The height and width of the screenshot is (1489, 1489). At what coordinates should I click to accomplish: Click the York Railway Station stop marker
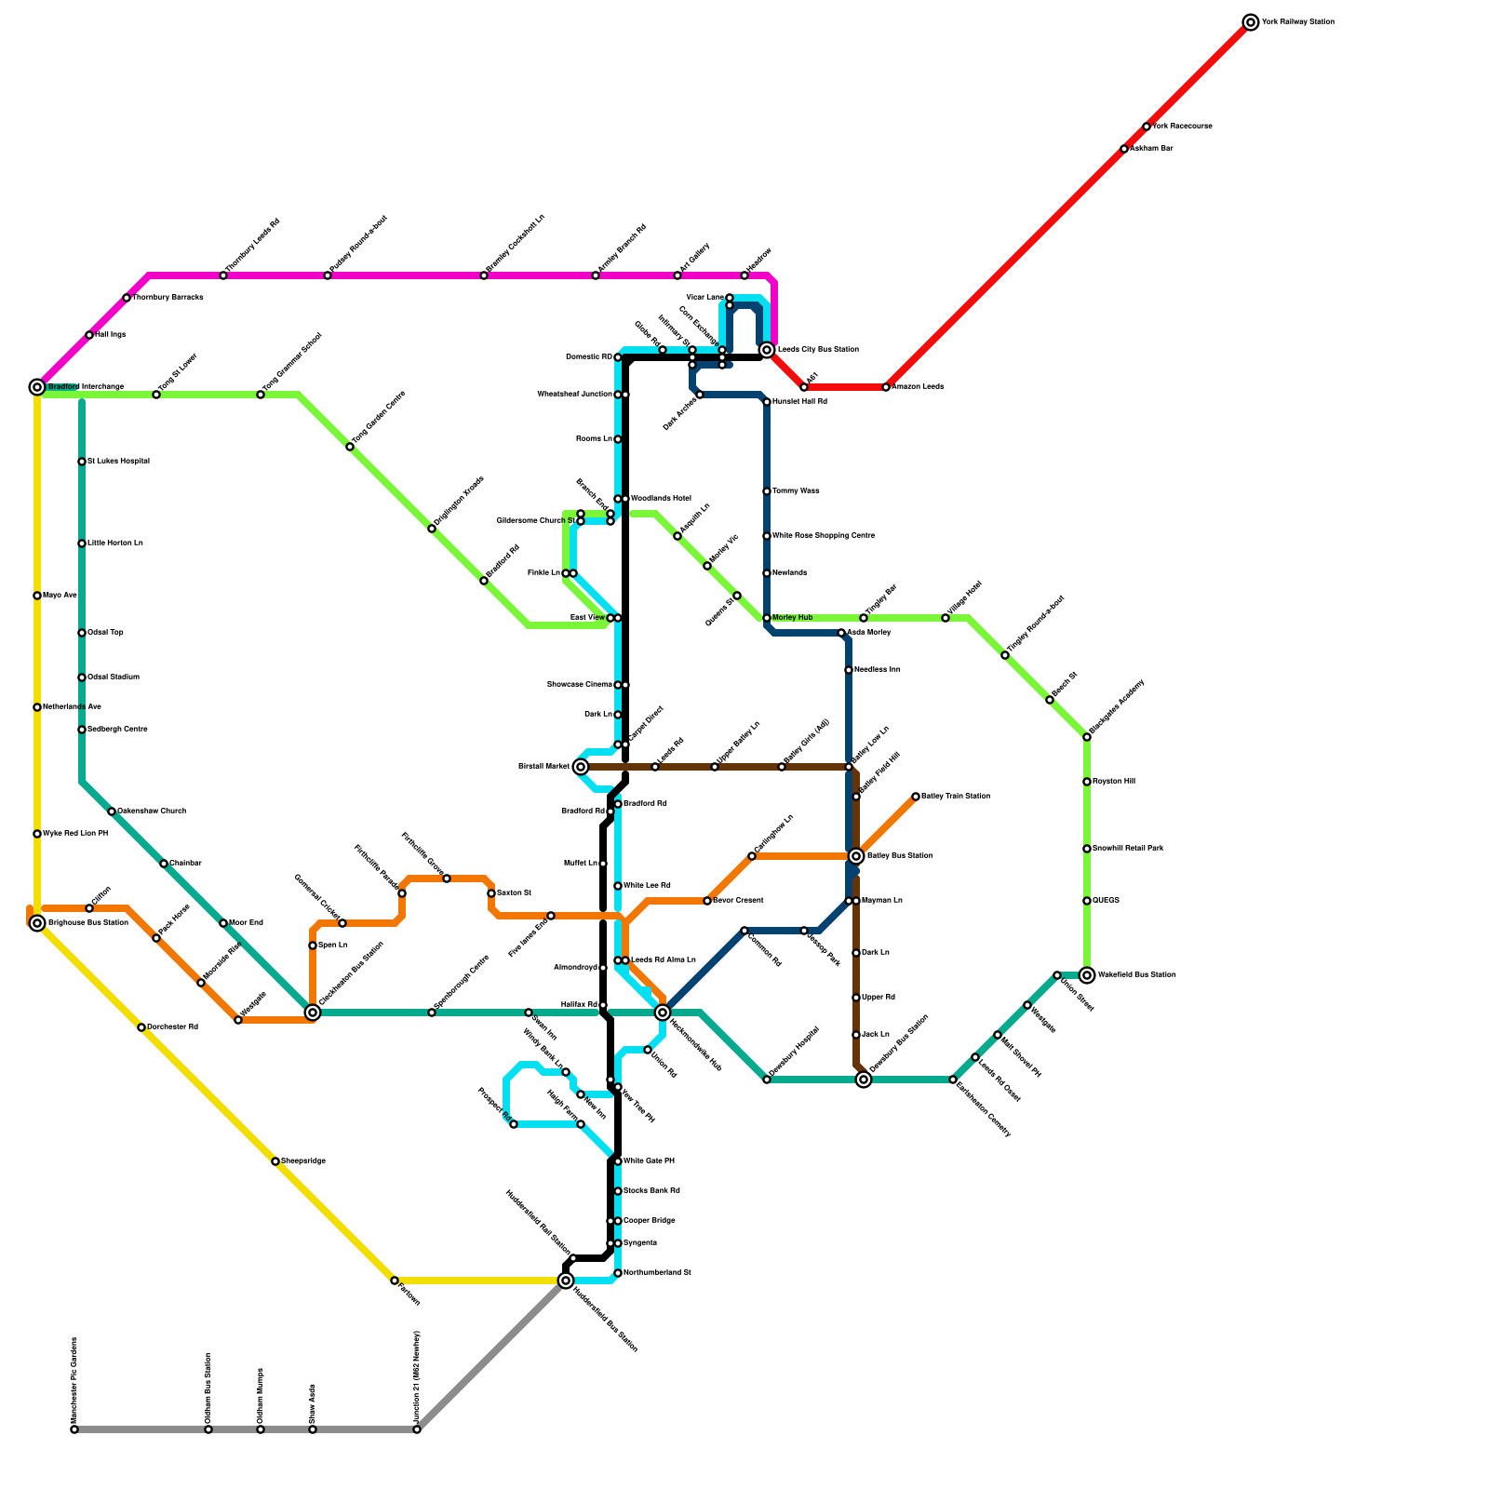pos(1251,22)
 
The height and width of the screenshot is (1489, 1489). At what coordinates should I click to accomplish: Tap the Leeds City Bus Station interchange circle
pos(767,350)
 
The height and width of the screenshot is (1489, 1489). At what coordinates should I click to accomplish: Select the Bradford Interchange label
pos(86,387)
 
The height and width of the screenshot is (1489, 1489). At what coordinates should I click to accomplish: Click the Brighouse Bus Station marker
pos(37,923)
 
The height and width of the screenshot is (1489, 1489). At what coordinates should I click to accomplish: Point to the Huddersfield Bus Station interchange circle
pos(566,1281)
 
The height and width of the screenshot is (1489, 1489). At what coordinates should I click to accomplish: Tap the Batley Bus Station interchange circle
pos(856,856)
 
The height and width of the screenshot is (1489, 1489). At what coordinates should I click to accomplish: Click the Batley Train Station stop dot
pos(916,797)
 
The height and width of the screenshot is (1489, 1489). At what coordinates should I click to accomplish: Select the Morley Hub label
pos(792,618)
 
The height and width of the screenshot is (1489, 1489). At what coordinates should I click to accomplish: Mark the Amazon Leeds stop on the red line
pos(886,387)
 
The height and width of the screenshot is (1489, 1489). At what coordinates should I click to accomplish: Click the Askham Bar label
pos(1151,149)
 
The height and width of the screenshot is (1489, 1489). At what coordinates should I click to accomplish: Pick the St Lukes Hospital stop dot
pos(82,462)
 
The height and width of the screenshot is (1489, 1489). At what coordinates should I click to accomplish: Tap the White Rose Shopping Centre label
pos(823,536)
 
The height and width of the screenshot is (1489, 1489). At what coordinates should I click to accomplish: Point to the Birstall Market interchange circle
pos(581,767)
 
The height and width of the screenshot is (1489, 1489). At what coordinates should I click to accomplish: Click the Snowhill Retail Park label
pos(1127,849)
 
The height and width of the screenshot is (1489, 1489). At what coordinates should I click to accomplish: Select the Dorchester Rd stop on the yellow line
pos(141,1027)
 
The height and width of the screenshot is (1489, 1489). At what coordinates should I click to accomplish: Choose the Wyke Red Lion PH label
pos(74,834)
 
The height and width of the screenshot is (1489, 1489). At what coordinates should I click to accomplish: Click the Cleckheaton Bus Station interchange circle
pos(313,1013)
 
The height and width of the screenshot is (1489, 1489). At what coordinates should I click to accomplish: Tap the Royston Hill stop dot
pos(1087,782)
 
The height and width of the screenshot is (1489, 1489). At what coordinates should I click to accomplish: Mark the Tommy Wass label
pos(796,491)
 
